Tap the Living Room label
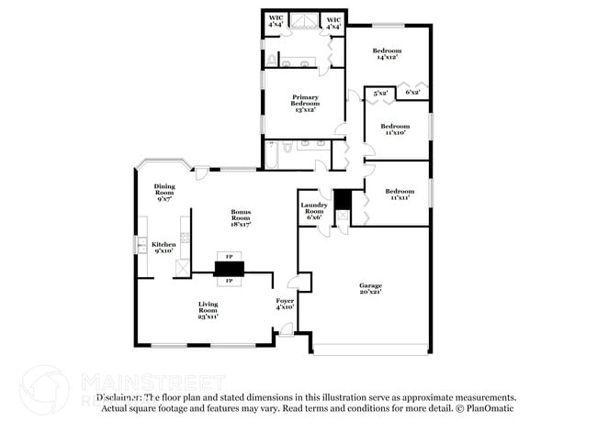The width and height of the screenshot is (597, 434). click(208, 307)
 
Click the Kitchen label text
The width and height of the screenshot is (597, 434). click(163, 244)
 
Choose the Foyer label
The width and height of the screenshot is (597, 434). click(285, 301)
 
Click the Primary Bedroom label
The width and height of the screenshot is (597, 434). click(305, 100)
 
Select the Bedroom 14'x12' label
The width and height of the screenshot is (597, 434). click(387, 50)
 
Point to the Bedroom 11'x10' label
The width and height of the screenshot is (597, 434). click(395, 126)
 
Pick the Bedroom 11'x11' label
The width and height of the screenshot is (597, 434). click(400, 192)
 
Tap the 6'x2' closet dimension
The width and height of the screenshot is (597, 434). click(412, 92)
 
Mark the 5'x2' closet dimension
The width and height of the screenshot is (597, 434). click(380, 92)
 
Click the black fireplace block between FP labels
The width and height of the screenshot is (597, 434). click(229, 268)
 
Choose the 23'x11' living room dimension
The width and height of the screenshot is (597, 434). click(208, 317)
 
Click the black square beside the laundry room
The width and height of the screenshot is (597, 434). click(342, 199)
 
